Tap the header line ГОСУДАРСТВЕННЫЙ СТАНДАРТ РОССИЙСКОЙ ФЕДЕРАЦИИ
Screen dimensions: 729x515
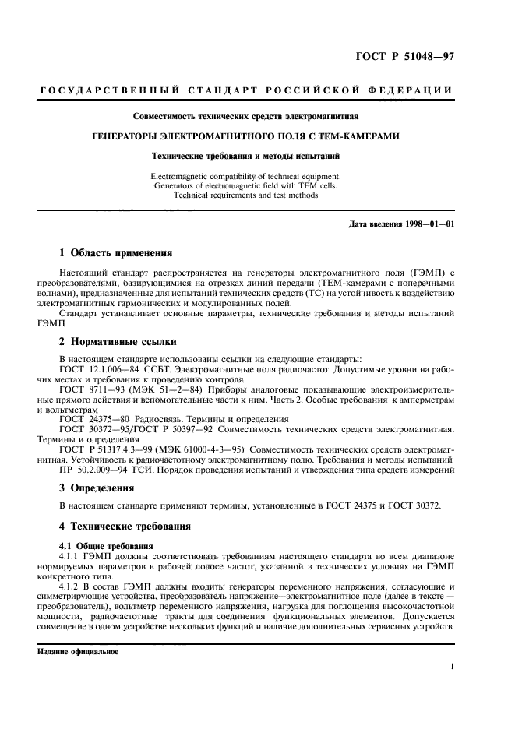(x=245, y=92)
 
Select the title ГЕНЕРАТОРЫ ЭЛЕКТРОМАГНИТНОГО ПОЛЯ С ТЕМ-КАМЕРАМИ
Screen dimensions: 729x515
(x=245, y=136)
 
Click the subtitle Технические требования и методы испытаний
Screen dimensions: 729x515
(x=245, y=156)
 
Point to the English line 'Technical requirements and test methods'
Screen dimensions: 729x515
(x=245, y=195)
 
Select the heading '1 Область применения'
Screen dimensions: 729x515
(x=116, y=253)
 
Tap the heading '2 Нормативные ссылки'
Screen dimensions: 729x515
(x=118, y=341)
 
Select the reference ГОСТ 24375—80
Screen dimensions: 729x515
(x=96, y=418)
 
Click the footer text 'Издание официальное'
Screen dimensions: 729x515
(x=78, y=652)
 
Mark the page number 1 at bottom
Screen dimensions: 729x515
(x=452, y=667)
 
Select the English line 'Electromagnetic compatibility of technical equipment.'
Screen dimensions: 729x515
(x=245, y=177)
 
